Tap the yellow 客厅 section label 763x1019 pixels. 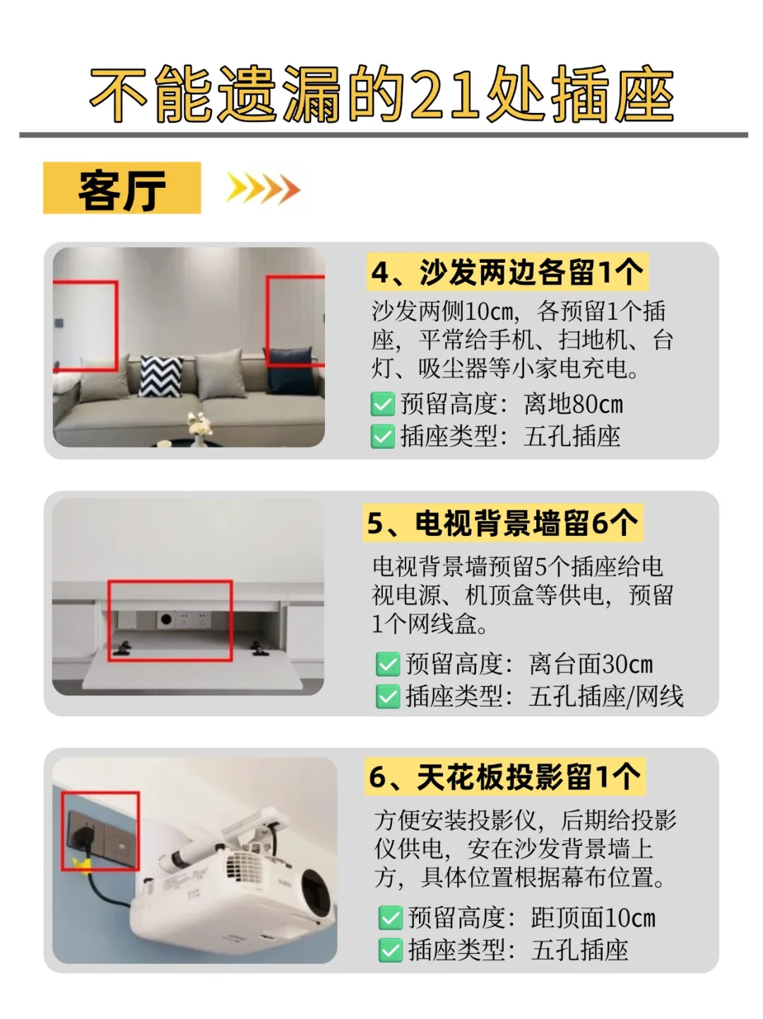[x=122, y=188]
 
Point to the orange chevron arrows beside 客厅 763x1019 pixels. [x=263, y=188]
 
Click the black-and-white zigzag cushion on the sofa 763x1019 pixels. [x=161, y=376]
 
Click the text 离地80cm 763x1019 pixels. [x=573, y=404]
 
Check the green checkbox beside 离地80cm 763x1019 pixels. [x=383, y=404]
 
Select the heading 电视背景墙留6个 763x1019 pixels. [x=503, y=523]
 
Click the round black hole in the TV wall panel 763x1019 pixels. [x=166, y=619]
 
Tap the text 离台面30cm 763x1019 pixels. [x=591, y=664]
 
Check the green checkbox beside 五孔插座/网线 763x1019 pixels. [x=388, y=696]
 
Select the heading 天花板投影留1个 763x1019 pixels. [x=505, y=776]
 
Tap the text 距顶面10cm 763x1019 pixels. [x=593, y=917]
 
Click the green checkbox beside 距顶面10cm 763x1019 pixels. [x=391, y=918]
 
